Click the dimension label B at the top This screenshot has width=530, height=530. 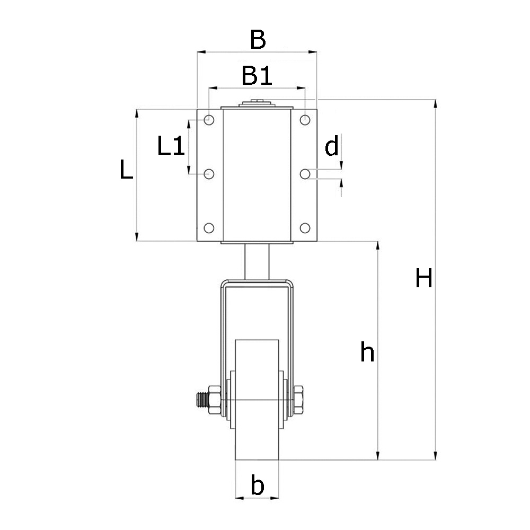tap(257, 40)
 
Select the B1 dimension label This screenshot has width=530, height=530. tap(257, 76)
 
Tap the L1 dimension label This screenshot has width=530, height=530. tap(171, 146)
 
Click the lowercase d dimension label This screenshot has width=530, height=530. tap(332, 146)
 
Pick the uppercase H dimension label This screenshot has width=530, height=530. tap(423, 278)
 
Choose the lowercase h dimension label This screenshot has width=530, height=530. tap(367, 352)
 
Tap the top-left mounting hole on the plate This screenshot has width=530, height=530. tap(209, 119)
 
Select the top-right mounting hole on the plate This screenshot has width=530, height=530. tap(305, 119)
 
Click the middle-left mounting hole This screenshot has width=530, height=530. tap(209, 173)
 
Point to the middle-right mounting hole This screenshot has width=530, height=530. tap(305, 173)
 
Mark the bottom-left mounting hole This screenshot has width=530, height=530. tap(209, 228)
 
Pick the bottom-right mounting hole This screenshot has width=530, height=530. tap(305, 228)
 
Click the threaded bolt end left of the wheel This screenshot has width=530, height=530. tap(201, 399)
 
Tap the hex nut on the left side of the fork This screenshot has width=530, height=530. tap(215, 399)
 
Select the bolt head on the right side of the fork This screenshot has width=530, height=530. tap(298, 399)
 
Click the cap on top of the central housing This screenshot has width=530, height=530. tap(257, 104)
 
